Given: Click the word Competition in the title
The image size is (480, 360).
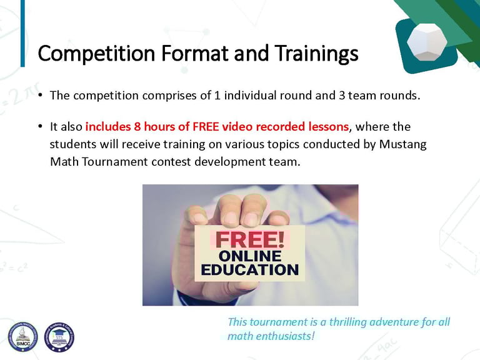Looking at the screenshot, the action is click(x=96, y=54).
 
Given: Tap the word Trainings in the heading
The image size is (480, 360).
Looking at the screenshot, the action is click(x=316, y=54).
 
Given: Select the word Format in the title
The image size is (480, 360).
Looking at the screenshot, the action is click(x=195, y=53).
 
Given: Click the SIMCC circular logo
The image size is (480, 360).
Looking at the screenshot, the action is click(x=23, y=337).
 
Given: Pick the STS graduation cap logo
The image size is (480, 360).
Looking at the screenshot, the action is click(x=59, y=337).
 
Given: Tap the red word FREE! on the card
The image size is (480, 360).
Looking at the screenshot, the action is click(x=250, y=239).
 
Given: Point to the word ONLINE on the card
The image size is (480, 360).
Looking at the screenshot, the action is click(x=250, y=256).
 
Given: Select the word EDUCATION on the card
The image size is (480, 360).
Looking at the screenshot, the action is click(x=250, y=270).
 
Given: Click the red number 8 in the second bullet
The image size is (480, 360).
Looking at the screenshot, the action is click(x=137, y=127).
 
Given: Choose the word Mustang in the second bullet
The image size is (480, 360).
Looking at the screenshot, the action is click(x=403, y=144).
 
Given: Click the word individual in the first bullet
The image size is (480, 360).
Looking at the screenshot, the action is click(x=254, y=96).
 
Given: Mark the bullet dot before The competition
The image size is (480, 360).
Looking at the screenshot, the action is click(x=40, y=95).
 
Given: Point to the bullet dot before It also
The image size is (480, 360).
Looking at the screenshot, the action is click(x=40, y=126).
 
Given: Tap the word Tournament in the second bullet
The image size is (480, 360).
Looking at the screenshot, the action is click(x=115, y=162).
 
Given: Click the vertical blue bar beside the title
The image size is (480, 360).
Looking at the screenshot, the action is click(x=22, y=33).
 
